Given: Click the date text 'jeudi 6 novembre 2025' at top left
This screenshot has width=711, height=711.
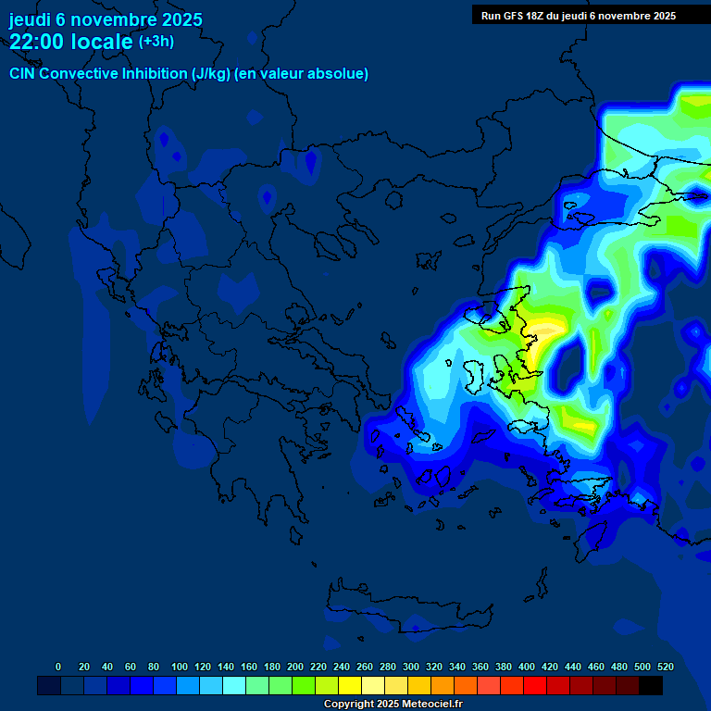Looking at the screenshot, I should [106, 19].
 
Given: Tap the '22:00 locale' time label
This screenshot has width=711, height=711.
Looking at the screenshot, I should [71, 41].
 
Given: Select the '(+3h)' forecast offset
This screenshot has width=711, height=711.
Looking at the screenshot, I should [156, 41].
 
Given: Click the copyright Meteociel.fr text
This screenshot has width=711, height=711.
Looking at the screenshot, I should [393, 705].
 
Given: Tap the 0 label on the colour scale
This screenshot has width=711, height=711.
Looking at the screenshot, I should [58, 667].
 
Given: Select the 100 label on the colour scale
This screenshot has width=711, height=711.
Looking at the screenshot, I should [180, 667].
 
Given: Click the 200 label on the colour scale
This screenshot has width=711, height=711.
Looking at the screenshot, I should [295, 667].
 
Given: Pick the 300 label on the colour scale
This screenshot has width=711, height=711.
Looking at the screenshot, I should [411, 667].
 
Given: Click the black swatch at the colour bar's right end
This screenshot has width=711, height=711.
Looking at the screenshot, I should [651, 686].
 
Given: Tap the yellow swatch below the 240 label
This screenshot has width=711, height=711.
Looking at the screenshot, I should [350, 686].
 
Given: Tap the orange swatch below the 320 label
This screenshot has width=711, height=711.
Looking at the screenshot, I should [443, 686].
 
